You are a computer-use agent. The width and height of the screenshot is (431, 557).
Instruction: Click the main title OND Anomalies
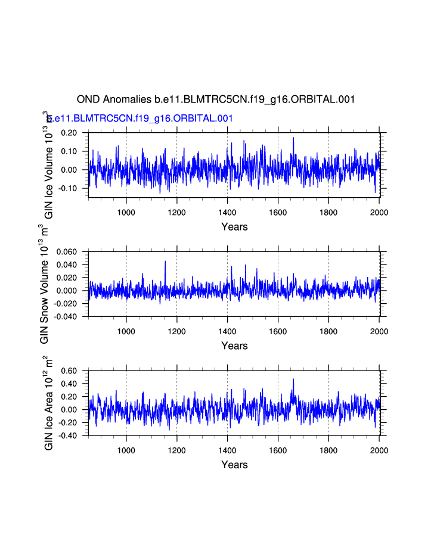(216, 99)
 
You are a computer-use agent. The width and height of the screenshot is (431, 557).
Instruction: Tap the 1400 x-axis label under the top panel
(227, 212)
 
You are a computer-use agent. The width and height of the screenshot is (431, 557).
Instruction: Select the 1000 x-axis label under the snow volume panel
(126, 331)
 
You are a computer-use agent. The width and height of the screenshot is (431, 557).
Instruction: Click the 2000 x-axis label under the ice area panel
(379, 450)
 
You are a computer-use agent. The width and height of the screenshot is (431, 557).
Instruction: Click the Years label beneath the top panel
(234, 227)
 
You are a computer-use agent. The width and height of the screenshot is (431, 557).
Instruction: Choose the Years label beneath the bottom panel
(234, 465)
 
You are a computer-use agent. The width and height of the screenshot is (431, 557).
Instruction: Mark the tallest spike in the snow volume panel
(165, 262)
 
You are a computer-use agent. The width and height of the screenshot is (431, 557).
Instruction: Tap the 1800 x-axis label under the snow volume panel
(328, 331)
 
